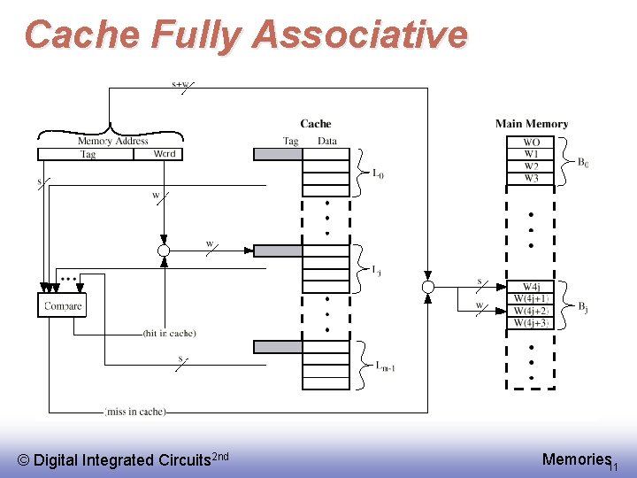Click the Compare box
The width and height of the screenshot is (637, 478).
click(x=63, y=306)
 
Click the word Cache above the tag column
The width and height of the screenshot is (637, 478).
click(x=315, y=124)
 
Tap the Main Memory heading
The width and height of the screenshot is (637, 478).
click(x=532, y=124)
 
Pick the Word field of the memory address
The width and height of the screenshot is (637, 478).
click(x=165, y=154)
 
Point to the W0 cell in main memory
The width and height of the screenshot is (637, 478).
click(x=531, y=143)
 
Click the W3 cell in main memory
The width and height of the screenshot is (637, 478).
click(x=531, y=179)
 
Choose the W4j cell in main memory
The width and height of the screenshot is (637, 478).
click(x=531, y=287)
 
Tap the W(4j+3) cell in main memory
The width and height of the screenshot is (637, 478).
click(x=531, y=323)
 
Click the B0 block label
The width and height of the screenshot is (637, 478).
click(x=583, y=162)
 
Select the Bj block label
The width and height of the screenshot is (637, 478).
click(x=583, y=307)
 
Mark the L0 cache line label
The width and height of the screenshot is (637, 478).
click(x=378, y=174)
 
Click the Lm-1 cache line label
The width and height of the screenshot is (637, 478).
click(x=384, y=366)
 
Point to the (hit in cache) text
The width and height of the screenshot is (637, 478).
click(x=170, y=333)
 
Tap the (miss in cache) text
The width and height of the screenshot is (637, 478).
click(x=135, y=412)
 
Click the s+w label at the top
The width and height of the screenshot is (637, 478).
click(x=180, y=85)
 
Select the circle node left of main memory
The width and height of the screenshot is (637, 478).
click(x=428, y=287)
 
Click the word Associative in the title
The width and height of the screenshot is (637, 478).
click(x=359, y=35)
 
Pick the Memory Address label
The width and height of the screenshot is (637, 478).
click(x=112, y=141)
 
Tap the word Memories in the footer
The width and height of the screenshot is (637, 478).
click(x=576, y=459)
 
